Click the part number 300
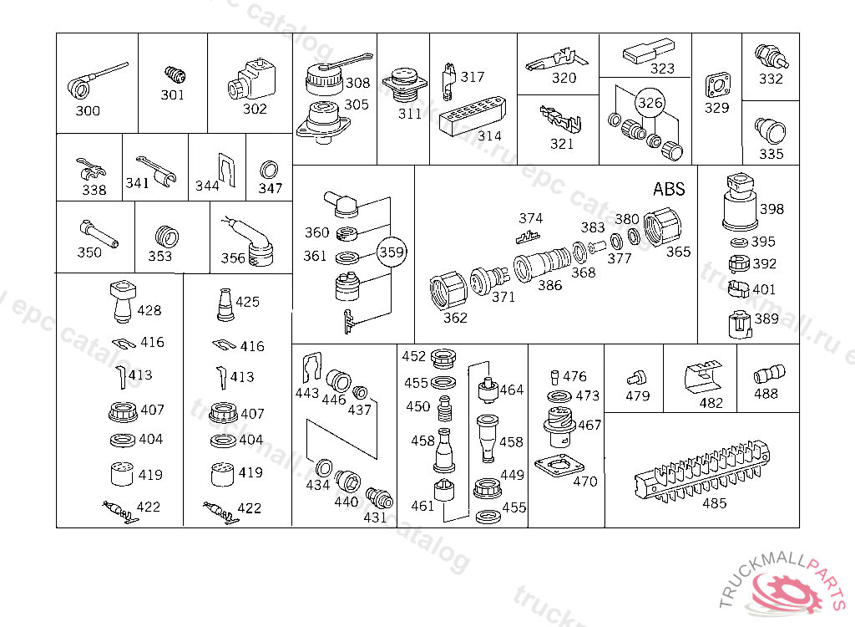click(x=88, y=111)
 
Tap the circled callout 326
click(x=650, y=103)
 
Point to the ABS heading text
click(x=669, y=189)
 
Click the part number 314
click(x=490, y=136)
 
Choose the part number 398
click(x=772, y=209)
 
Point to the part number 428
click(x=149, y=310)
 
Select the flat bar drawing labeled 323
click(x=647, y=53)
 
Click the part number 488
click(x=766, y=394)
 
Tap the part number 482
click(x=711, y=402)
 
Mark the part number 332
click(x=771, y=79)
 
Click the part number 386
click(x=549, y=285)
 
